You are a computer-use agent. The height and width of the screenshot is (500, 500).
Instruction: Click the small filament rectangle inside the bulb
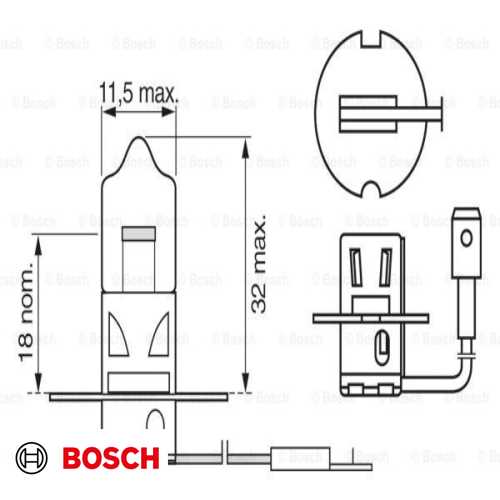pos(138,236)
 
